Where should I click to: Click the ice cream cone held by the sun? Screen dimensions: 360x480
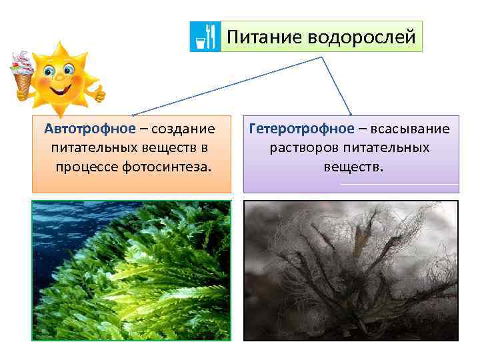point(22,73)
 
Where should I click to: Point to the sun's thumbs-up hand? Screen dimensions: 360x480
point(99,93)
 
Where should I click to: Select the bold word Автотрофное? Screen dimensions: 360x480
point(89,128)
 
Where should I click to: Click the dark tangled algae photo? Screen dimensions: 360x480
point(351,270)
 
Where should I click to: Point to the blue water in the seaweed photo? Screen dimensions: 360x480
point(60,220)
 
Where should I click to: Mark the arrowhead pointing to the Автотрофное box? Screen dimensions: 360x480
point(132,115)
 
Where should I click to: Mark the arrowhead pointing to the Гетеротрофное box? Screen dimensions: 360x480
point(350,115)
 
